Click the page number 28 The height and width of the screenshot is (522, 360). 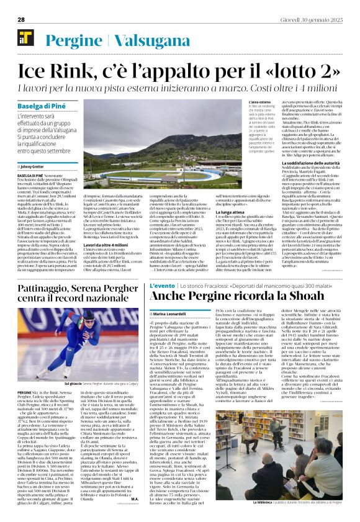pos(21,20)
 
